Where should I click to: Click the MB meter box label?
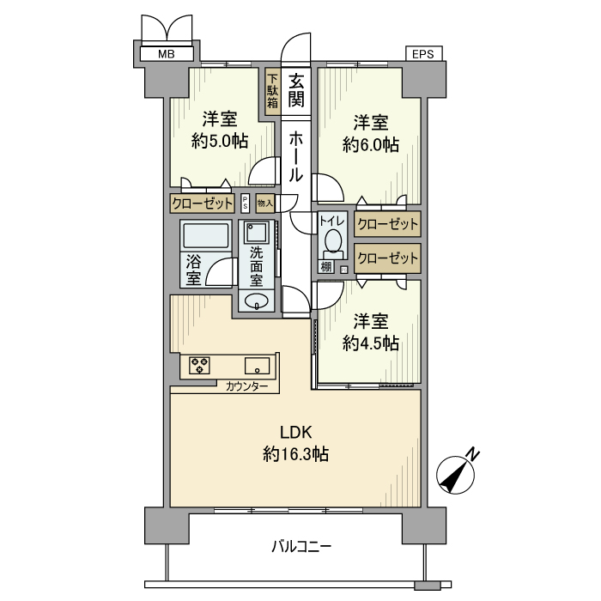(167, 54)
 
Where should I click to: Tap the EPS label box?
(423, 53)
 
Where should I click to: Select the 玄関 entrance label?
(296, 90)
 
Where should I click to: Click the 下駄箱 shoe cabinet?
(272, 91)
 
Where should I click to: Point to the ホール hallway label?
(296, 156)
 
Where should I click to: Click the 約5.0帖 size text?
(220, 142)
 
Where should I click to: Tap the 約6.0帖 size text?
(371, 145)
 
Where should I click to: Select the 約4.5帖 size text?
(371, 343)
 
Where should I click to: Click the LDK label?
(296, 433)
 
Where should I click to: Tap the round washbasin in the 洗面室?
(257, 300)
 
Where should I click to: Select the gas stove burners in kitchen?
(200, 365)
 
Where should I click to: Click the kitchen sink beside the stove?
(258, 366)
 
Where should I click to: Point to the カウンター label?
(246, 386)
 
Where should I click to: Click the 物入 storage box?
(264, 203)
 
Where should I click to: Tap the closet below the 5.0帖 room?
(203, 203)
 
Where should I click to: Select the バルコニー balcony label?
(300, 546)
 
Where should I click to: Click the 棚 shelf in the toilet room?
(325, 266)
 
